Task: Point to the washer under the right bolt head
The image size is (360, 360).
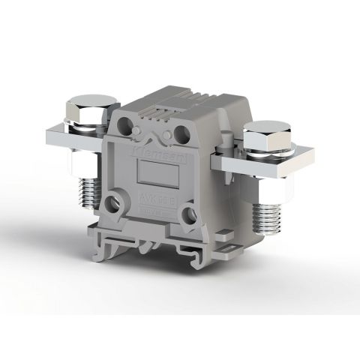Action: click(x=268, y=154)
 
